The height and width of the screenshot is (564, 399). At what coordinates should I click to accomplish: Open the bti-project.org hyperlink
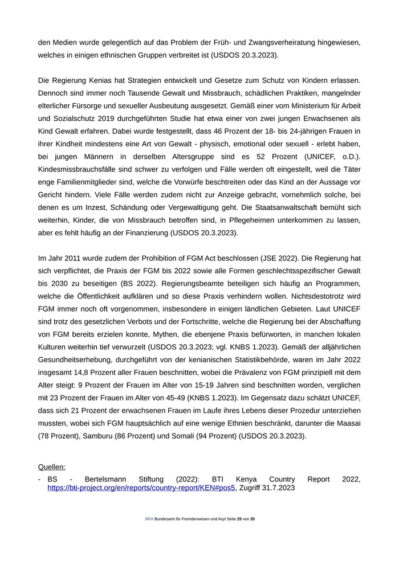tap(141, 488)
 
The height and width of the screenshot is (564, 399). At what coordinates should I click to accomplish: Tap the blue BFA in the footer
tap(149, 520)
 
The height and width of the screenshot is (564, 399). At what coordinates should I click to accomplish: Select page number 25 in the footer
tap(239, 520)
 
